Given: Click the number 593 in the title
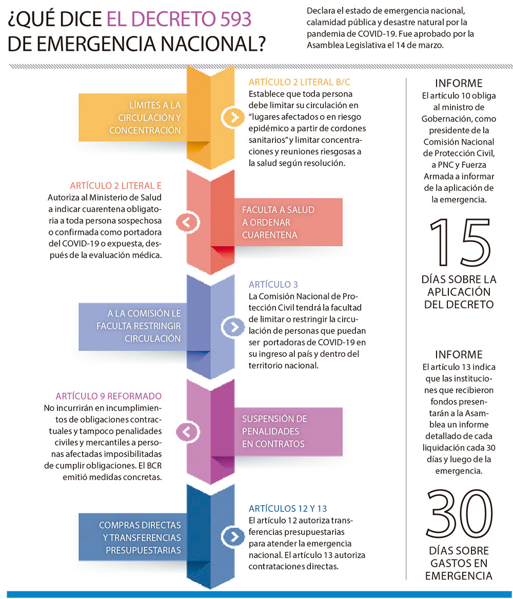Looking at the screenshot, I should tap(232, 19).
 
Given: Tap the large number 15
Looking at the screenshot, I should tap(459, 244).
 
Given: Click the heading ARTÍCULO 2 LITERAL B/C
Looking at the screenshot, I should tap(300, 82).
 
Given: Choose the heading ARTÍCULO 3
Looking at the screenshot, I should tap(273, 285).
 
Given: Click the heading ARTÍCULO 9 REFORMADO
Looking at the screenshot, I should tap(108, 396).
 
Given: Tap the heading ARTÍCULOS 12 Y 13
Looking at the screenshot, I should tap(288, 509).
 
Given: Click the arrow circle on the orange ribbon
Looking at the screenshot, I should tap(233, 117).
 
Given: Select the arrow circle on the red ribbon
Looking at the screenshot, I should tap(187, 222).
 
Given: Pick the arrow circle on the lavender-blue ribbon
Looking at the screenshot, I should tap(233, 326).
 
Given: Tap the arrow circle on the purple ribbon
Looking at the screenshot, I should tap(187, 431).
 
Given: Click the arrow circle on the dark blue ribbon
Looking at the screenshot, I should tap(233, 536).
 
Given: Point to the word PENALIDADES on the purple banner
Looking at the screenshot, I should tap(270, 431).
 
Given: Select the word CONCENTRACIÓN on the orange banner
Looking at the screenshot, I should tap(145, 130).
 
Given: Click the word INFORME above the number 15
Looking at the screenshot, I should tap(459, 84).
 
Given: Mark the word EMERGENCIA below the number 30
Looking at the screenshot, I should tap(459, 576).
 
